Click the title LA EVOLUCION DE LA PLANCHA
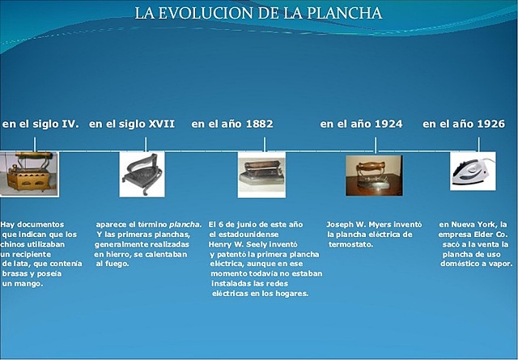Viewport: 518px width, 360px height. [x=258, y=14]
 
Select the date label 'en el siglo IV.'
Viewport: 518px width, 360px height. [x=40, y=125]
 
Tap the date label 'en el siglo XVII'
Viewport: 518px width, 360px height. [x=132, y=125]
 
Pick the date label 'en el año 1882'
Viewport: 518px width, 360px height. [x=232, y=125]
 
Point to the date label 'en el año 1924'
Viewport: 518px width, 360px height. [x=361, y=125]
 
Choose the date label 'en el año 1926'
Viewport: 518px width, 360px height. [x=464, y=125]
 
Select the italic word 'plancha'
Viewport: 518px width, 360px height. [x=185, y=224]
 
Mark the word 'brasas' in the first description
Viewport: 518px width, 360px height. [x=16, y=274]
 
